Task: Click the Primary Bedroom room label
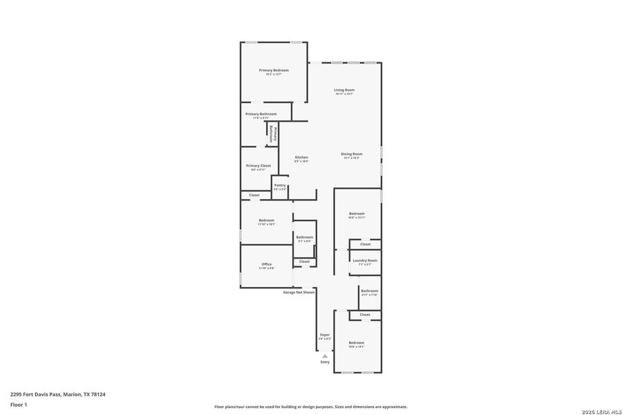pyautogui.click(x=274, y=71)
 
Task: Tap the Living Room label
pyautogui.click(x=344, y=90)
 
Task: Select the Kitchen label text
pyautogui.click(x=301, y=157)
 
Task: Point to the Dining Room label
pyautogui.click(x=351, y=154)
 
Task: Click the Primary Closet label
pyautogui.click(x=258, y=166)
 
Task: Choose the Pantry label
pyautogui.click(x=280, y=185)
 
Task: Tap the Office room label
pyautogui.click(x=266, y=264)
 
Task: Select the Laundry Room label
pyautogui.click(x=365, y=260)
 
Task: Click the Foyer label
pyautogui.click(x=324, y=335)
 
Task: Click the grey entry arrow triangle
pyautogui.click(x=325, y=356)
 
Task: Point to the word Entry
pyautogui.click(x=325, y=362)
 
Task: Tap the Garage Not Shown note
pyautogui.click(x=299, y=292)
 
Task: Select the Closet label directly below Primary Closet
pyautogui.click(x=254, y=195)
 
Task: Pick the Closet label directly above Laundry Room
pyautogui.click(x=365, y=244)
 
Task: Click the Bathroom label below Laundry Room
pyautogui.click(x=369, y=290)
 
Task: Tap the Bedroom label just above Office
pyautogui.click(x=266, y=220)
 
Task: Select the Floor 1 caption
pyautogui.click(x=18, y=403)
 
